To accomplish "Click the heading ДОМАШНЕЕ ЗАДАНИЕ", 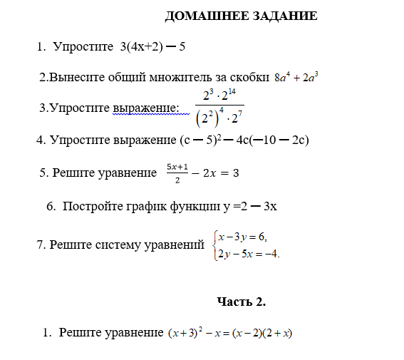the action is tap(241, 16).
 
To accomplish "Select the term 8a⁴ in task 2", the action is tap(282, 78).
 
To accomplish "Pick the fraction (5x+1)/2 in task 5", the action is tap(177, 171).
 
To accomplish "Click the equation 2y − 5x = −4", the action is tap(248, 253).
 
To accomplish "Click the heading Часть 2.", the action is tap(241, 302).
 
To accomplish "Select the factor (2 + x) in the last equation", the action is tap(279, 333).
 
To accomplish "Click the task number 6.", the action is tap(51, 207).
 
